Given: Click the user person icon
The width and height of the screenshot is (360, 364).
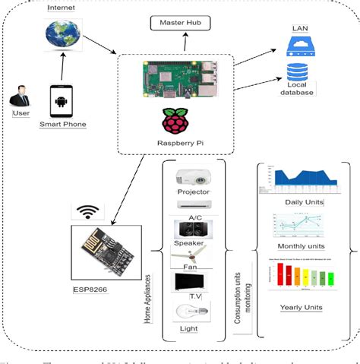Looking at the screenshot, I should tap(20, 98).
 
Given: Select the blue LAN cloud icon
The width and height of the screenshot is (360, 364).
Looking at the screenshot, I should tap(299, 48).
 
